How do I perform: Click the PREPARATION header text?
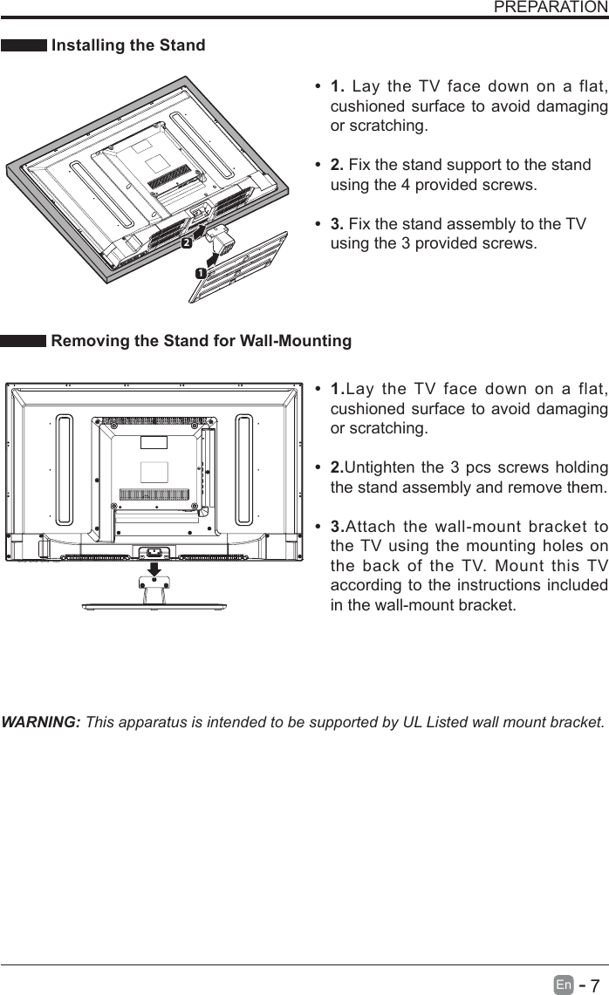coord(551,8)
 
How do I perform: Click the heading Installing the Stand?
coord(128,45)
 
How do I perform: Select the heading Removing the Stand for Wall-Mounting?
coord(202,341)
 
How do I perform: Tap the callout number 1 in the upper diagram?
coord(201,274)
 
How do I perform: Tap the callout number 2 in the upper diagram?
coord(186,243)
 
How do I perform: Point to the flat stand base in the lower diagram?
coord(153,607)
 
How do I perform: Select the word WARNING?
coord(41,723)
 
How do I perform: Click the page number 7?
coord(598,985)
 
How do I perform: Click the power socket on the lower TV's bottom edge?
coord(154,553)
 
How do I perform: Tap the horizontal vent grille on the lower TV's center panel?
coord(154,494)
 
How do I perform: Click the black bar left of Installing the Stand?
coord(24,45)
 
